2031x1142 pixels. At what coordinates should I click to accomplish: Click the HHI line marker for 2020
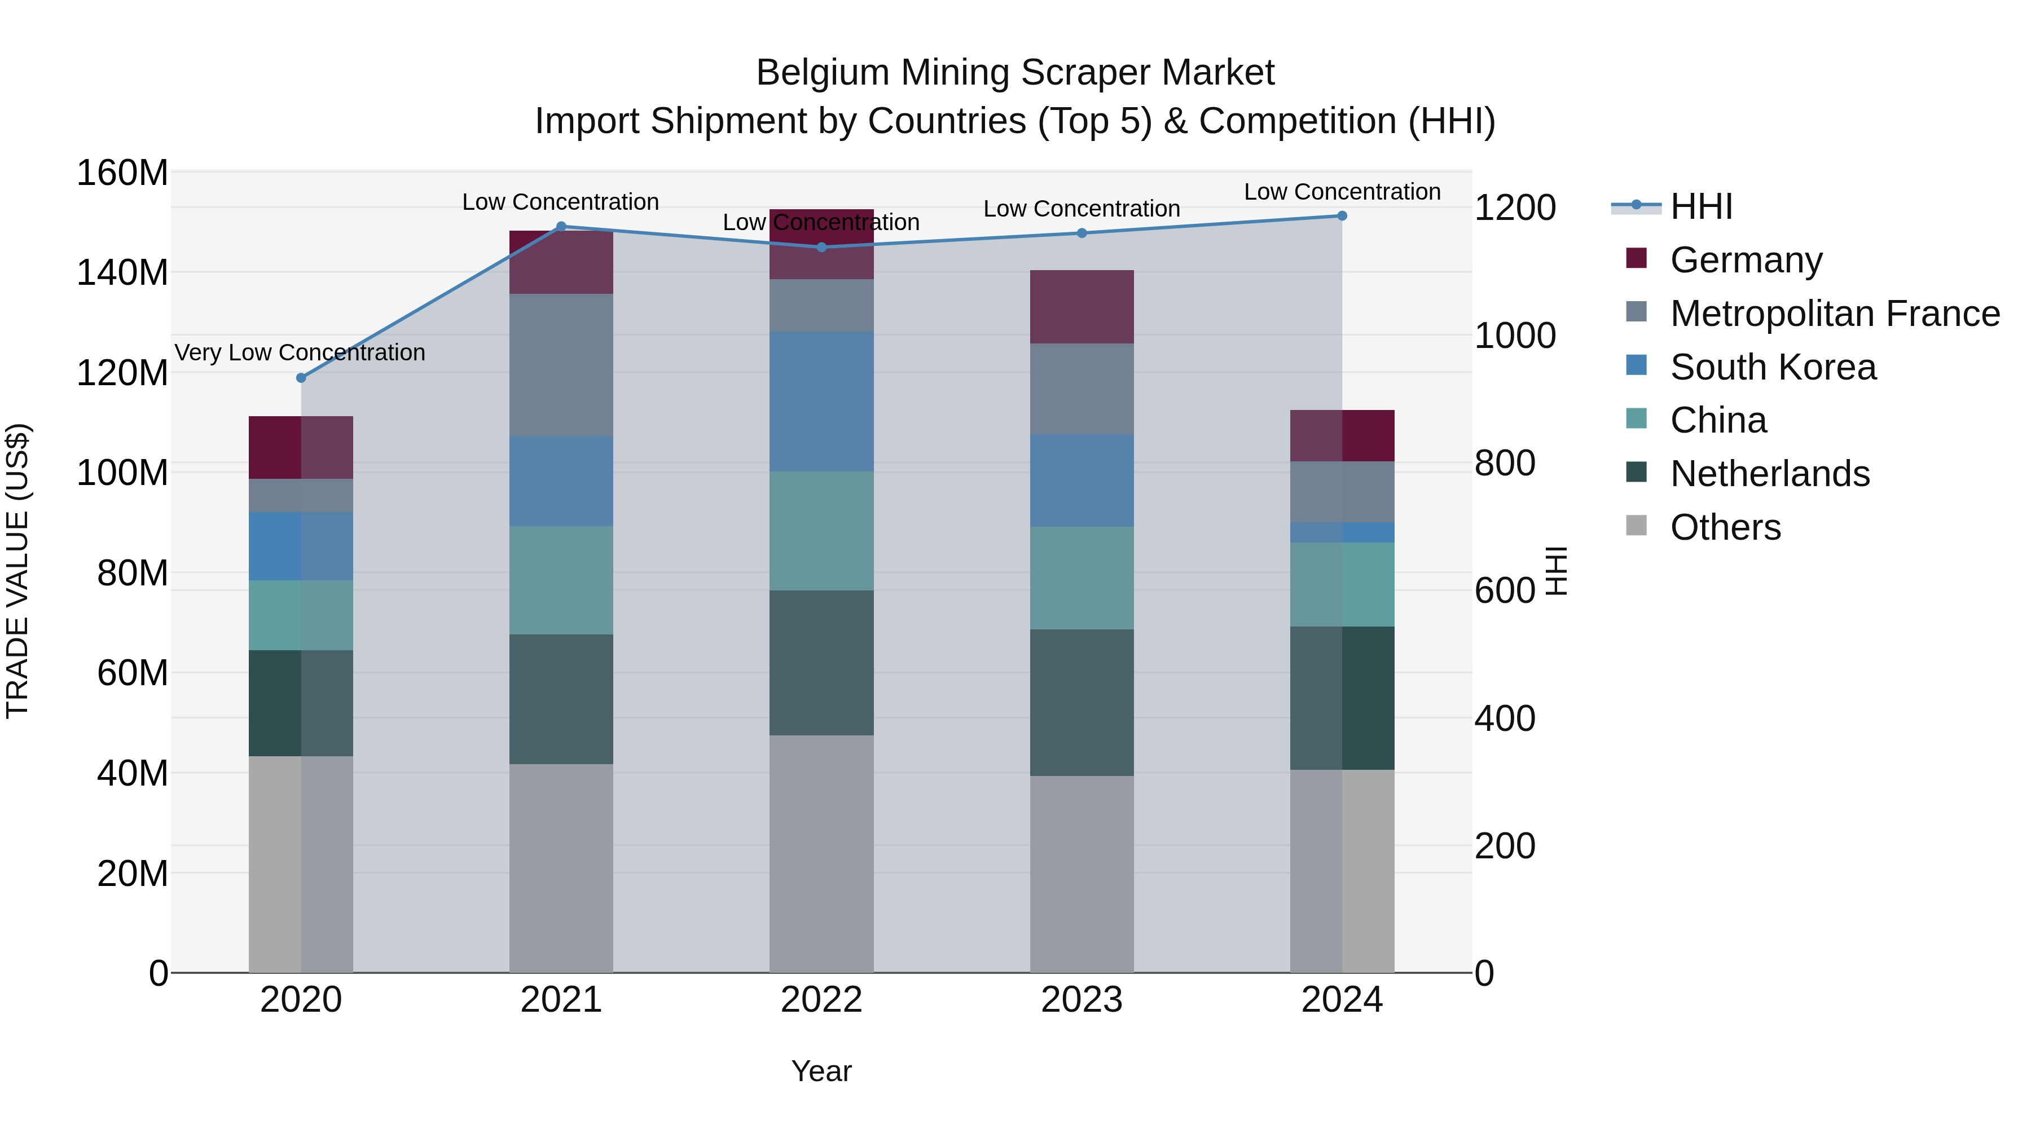click(x=300, y=377)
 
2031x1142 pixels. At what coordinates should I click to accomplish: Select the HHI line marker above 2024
click(x=1342, y=216)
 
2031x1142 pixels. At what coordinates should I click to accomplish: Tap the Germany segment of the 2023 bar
click(x=1082, y=307)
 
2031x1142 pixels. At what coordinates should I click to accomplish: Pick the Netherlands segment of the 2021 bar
click(x=561, y=699)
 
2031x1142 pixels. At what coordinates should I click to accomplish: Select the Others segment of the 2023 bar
click(x=1082, y=874)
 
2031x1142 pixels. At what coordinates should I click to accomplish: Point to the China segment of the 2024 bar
click(x=1342, y=584)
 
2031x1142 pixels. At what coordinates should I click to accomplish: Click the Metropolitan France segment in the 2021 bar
click(x=561, y=365)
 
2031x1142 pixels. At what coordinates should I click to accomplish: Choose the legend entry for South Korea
click(x=1773, y=367)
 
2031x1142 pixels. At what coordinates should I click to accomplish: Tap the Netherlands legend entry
click(x=1769, y=474)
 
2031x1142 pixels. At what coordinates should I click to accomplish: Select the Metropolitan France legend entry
click(x=1834, y=314)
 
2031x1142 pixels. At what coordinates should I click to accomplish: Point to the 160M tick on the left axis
click(x=122, y=173)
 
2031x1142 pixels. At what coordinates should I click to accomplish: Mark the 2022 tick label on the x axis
click(x=821, y=1000)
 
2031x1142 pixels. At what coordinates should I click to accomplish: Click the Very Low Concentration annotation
click(x=300, y=352)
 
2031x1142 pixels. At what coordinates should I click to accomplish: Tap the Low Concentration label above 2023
click(x=1082, y=209)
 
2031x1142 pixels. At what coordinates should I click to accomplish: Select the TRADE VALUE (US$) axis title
click(x=17, y=571)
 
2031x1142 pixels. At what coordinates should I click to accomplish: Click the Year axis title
click(x=821, y=1071)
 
